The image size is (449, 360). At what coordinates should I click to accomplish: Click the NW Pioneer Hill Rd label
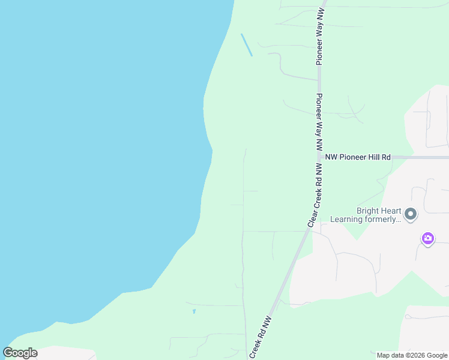click(358, 157)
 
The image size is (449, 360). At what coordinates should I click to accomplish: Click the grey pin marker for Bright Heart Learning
click(411, 214)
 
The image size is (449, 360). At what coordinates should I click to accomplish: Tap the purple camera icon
click(427, 239)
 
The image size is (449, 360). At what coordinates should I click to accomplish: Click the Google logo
click(20, 353)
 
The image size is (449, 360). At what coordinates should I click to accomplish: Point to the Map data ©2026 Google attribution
click(412, 355)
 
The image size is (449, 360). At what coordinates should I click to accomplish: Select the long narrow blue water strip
click(246, 45)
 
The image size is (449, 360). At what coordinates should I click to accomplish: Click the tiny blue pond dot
click(194, 311)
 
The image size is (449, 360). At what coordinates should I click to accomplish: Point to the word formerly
click(381, 219)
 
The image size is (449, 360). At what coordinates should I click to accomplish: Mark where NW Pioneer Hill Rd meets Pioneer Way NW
click(319, 157)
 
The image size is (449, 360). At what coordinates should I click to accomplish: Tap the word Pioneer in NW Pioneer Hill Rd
click(351, 157)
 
